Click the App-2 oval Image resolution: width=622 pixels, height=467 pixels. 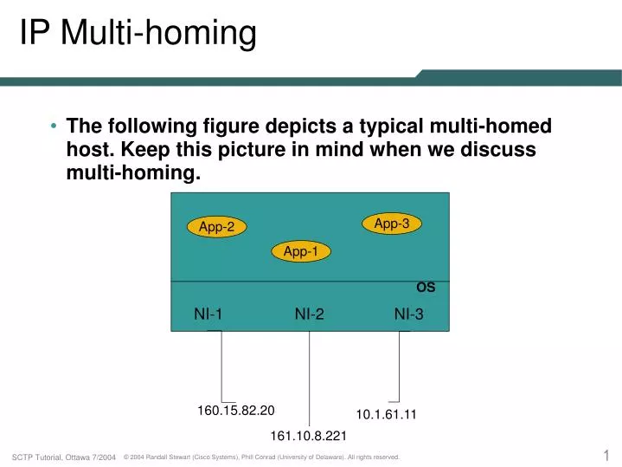tap(217, 227)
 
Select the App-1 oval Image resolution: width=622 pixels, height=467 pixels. tap(301, 251)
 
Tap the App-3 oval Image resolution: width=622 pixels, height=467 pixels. tap(391, 224)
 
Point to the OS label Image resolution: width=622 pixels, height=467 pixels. tap(426, 288)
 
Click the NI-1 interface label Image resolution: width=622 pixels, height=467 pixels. tap(208, 315)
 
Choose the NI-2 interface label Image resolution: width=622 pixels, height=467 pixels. tap(309, 315)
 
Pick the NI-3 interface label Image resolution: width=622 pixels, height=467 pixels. tap(408, 315)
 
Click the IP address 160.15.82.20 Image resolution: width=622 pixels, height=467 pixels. tap(236, 410)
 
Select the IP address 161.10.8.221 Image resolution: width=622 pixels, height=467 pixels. tap(308, 435)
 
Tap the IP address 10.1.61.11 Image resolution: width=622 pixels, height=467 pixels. tap(386, 414)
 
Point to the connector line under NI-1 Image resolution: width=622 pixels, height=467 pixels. tap(221, 368)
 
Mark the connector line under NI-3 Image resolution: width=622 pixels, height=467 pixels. tap(399, 368)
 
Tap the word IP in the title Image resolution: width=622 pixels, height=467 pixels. tap(35, 34)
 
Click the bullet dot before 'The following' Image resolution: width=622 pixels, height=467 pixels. tap(54, 126)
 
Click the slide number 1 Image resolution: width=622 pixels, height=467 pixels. tap(606, 455)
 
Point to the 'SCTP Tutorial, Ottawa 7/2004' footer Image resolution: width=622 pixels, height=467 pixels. tap(64, 457)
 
